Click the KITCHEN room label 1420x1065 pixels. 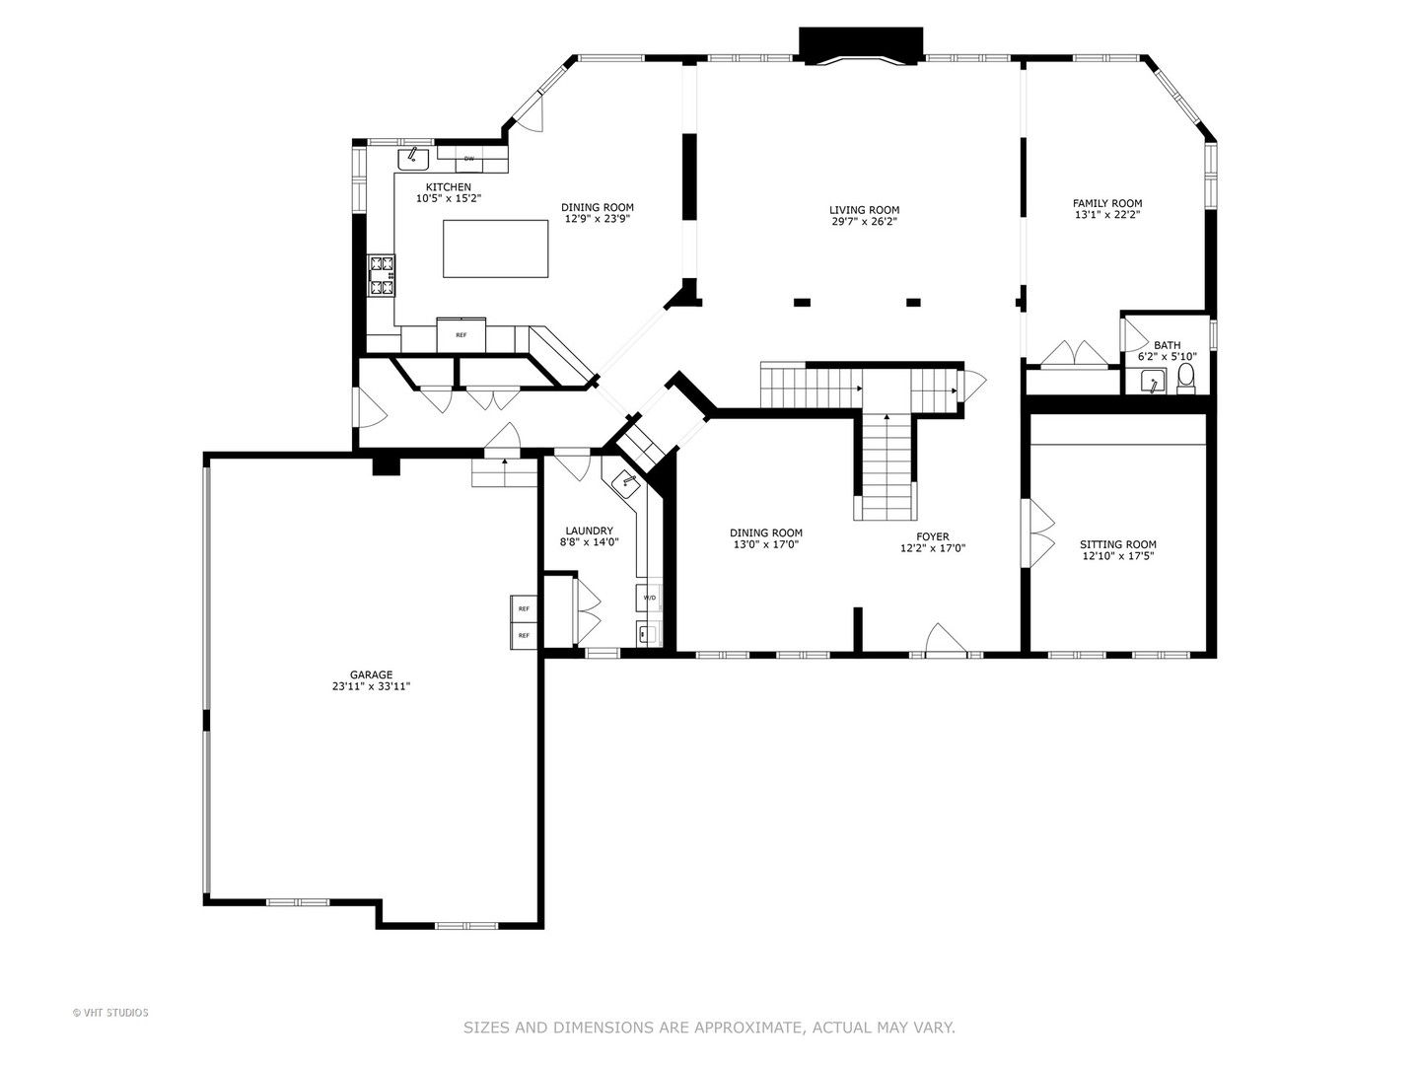coord(449,187)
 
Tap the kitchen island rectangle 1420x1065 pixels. coord(496,248)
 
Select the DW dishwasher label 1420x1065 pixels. coord(469,159)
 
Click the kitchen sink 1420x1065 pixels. coord(413,159)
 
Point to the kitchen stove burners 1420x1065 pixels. coord(382,276)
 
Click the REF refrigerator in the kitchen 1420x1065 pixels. coord(461,335)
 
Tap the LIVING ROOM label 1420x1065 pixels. coord(864,210)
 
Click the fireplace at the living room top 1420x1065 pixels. coord(861,45)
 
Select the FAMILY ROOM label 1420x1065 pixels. coord(1106,203)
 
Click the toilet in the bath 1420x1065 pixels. coord(1186,379)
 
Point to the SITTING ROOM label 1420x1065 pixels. coord(1118,544)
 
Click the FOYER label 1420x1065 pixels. coord(933,536)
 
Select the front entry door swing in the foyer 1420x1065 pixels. coord(946,639)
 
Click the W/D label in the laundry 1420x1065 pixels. coord(649,598)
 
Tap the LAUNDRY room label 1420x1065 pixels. coord(589,531)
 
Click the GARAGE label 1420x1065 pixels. coord(372,674)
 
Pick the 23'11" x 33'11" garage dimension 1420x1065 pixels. coord(372,686)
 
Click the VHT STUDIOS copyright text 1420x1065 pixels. coord(110,1012)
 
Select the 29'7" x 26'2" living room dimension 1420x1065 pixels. coord(864,222)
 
